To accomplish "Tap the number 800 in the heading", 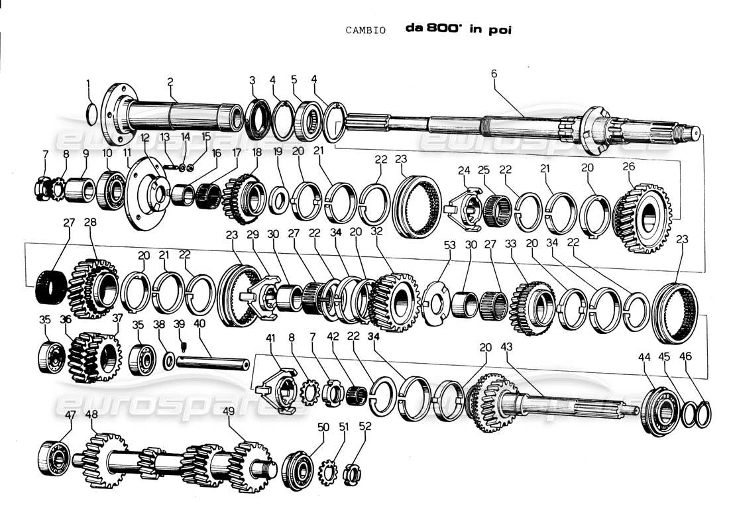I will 445,30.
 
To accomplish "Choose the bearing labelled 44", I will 659,411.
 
